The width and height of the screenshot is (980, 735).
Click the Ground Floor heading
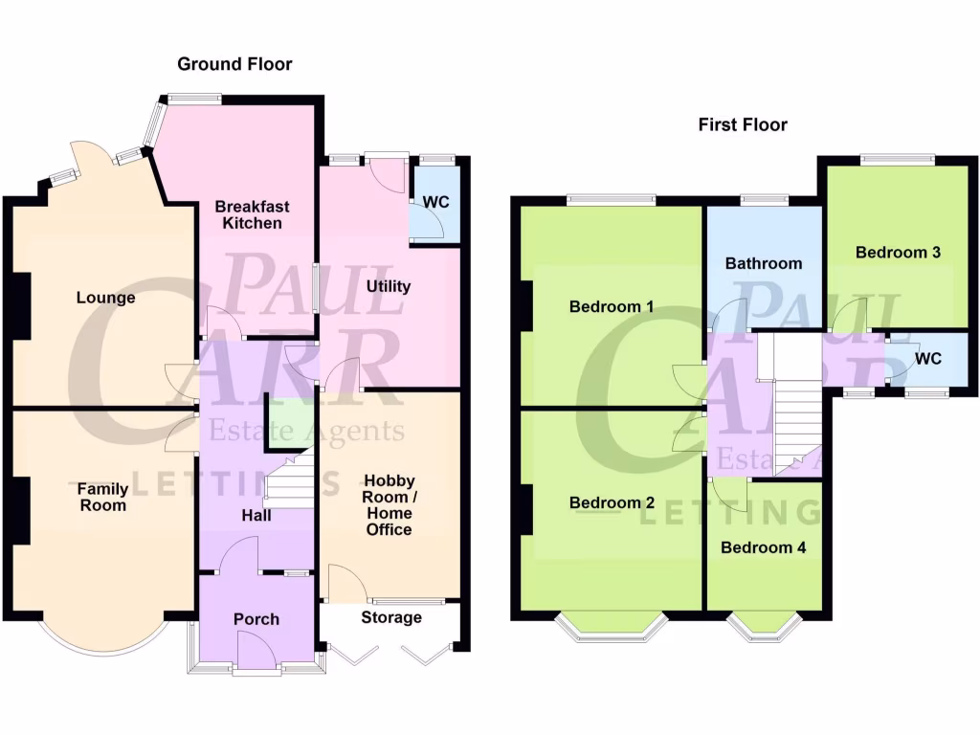click(234, 64)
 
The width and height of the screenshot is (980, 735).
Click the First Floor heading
click(743, 124)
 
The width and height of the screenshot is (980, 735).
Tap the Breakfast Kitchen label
click(252, 214)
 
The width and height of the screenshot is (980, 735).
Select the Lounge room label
click(106, 298)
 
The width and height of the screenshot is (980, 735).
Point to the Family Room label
click(102, 497)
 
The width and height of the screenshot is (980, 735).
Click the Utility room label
click(389, 286)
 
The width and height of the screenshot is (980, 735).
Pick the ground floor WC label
click(436, 202)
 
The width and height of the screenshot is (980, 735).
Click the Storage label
click(391, 617)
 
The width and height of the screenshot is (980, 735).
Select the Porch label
click(256, 619)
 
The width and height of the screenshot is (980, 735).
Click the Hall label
click(256, 516)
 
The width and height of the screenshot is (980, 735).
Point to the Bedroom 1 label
click(612, 307)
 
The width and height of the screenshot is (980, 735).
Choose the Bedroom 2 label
click(612, 502)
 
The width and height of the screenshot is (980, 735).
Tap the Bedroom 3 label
click(898, 253)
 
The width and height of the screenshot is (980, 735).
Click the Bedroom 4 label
click(764, 548)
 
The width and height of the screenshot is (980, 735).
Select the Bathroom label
click(763, 263)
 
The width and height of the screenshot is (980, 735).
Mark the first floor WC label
click(928, 359)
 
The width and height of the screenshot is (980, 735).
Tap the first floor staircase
click(797, 421)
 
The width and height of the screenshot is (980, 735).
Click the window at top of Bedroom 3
click(897, 160)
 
